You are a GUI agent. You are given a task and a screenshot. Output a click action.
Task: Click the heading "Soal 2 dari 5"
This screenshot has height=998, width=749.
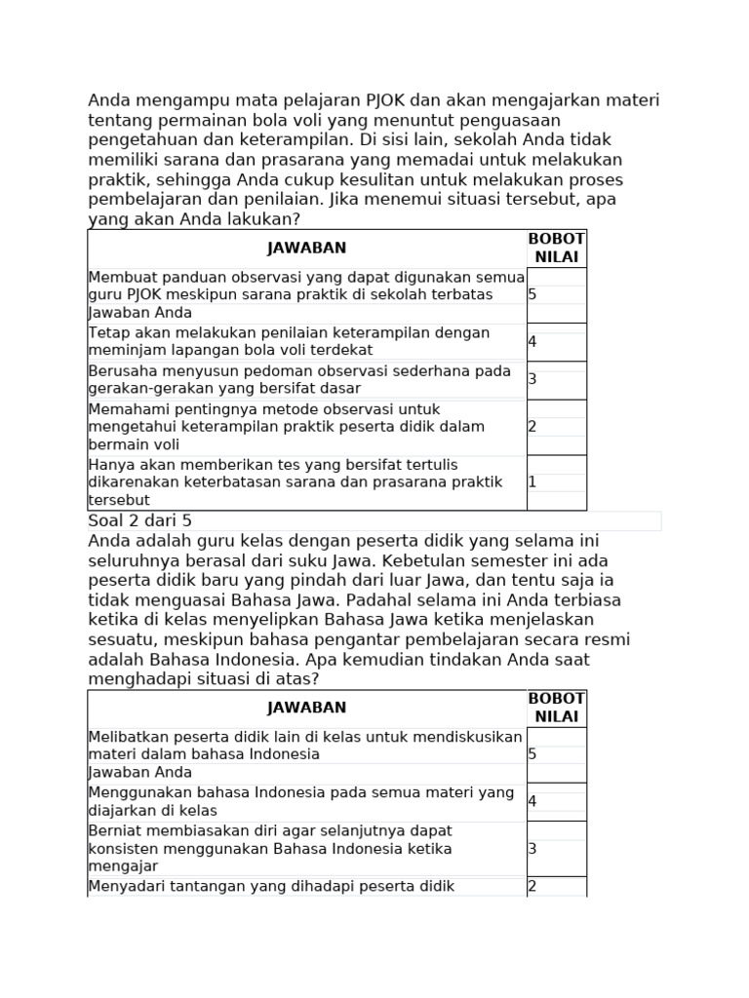click(x=140, y=521)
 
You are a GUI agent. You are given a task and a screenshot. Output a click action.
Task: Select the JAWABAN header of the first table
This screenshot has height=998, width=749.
click(x=307, y=249)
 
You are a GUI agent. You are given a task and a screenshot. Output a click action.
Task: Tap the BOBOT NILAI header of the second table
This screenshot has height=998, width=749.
click(x=556, y=708)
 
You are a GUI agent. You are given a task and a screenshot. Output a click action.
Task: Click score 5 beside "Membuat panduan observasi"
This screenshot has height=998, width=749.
click(x=532, y=294)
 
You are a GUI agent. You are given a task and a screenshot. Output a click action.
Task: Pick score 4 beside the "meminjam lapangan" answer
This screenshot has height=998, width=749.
click(x=532, y=342)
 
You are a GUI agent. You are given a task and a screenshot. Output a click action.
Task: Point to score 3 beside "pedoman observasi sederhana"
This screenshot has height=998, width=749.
click(x=532, y=379)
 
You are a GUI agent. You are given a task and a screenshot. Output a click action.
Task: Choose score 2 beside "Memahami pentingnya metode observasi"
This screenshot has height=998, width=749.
click(x=532, y=427)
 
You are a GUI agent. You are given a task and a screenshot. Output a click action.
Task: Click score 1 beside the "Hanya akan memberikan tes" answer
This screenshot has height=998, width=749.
click(x=532, y=482)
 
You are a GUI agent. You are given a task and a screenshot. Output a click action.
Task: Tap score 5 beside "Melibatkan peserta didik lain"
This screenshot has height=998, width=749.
click(x=532, y=754)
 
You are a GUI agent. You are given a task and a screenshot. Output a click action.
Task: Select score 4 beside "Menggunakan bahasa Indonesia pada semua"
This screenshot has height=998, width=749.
click(x=532, y=802)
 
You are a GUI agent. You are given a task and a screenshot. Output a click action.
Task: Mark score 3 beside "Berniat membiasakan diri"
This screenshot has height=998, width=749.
click(x=532, y=849)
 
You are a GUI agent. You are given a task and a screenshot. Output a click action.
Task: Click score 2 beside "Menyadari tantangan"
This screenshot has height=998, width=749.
click(x=532, y=887)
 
